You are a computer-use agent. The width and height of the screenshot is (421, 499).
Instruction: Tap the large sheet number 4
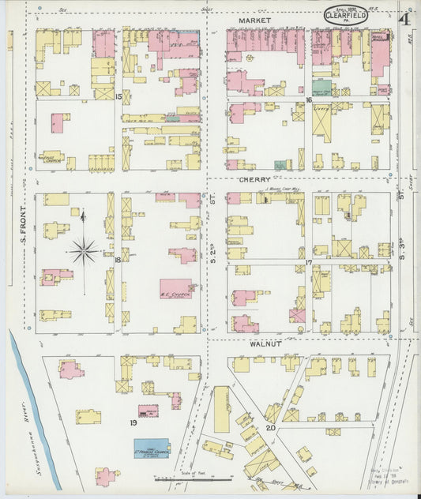coord(404,19)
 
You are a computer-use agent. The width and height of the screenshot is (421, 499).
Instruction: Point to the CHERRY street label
coord(255,180)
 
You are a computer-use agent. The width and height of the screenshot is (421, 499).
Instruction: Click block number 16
coord(310,100)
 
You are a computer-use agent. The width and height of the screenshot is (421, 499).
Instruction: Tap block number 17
coord(310,261)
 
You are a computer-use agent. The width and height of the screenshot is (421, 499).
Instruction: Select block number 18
coord(117,260)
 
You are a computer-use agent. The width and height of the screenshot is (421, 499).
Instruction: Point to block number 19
coord(134,422)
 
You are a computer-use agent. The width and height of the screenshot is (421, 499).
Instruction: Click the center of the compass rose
coord(83,253)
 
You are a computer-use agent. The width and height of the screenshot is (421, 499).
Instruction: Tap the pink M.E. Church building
coord(176,288)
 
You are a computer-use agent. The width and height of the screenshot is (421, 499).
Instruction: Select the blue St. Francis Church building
coord(152,448)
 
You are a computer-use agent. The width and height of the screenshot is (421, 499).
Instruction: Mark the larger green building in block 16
coord(321,88)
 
